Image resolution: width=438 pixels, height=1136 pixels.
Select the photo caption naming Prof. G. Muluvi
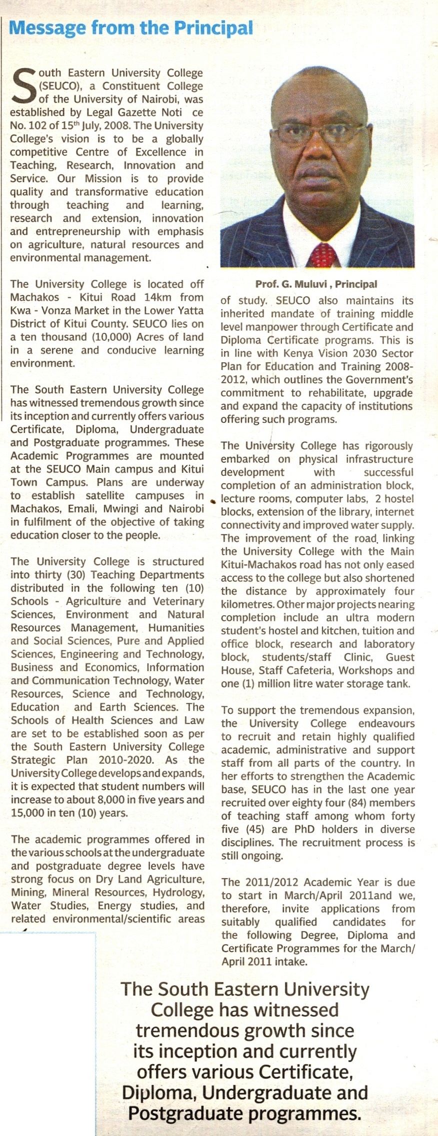[316, 284]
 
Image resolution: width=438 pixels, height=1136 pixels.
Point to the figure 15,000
[28, 813]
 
